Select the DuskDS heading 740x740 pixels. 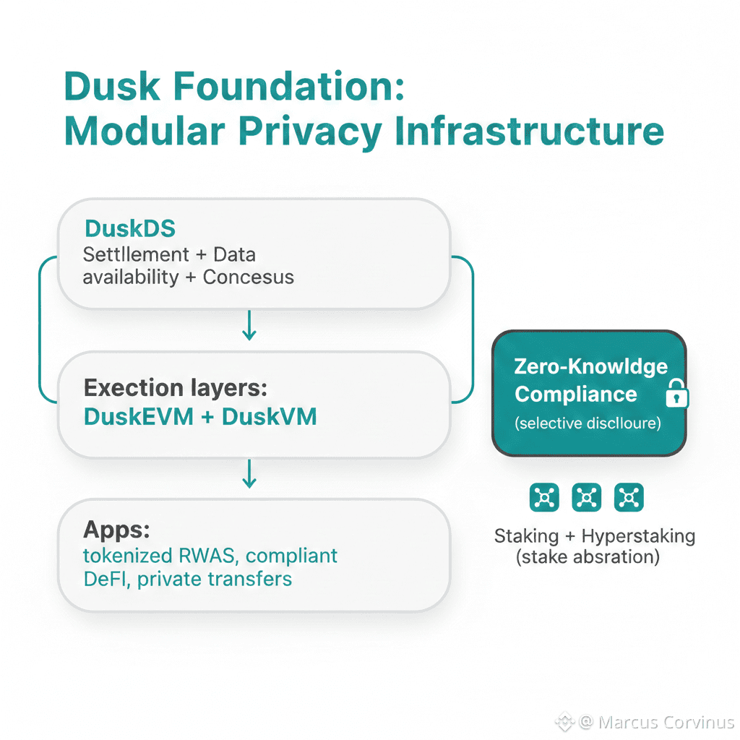pos(130,228)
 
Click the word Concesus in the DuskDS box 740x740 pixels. pos(248,277)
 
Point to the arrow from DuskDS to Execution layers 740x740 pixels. pos(249,325)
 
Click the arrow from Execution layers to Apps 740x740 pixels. pos(249,473)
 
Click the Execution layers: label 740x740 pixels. pos(176,388)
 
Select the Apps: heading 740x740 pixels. pos(116,530)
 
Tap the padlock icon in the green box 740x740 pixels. pos(677,395)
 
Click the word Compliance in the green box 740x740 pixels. pos(576,395)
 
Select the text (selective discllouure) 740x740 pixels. pos(588,423)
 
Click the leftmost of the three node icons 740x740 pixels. pos(544,497)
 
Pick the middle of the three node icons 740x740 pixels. pos(586,497)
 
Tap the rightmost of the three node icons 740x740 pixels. pos(629,497)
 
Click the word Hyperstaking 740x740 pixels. pos(637,536)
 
